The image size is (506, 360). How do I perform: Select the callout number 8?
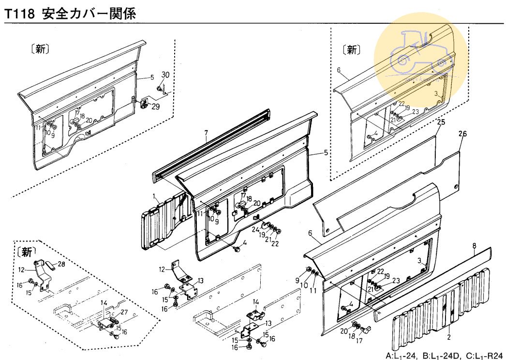(x=475, y=245)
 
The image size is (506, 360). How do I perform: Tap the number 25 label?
(x=440, y=122)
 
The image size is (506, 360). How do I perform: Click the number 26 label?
(x=462, y=134)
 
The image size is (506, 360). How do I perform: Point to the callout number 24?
(x=255, y=229)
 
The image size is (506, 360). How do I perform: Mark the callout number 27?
(x=123, y=312)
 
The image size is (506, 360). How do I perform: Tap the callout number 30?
(x=165, y=75)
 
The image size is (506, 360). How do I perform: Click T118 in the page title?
(x=19, y=14)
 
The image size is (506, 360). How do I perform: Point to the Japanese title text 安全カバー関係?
(x=89, y=14)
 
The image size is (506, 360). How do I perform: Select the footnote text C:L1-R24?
(x=485, y=355)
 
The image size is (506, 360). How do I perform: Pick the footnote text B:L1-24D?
(x=438, y=355)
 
